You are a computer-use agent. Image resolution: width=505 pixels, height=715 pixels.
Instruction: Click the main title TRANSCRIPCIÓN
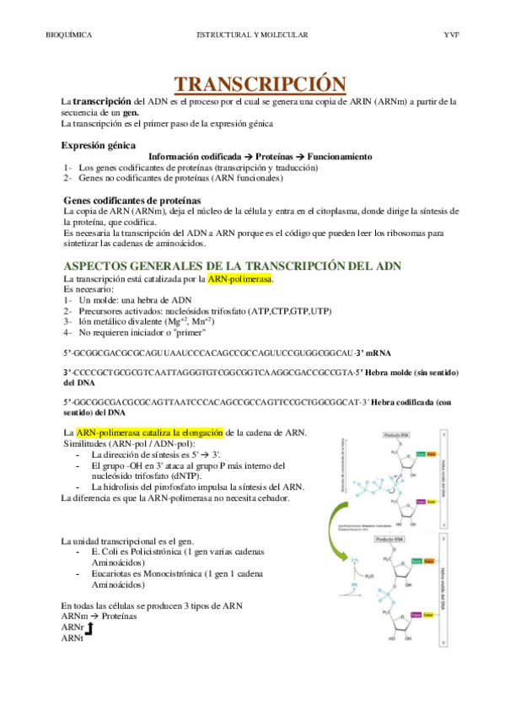(x=260, y=84)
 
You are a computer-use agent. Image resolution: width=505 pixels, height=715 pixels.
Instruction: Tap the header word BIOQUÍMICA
(x=67, y=35)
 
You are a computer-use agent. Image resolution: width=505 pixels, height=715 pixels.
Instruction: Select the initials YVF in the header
(x=450, y=35)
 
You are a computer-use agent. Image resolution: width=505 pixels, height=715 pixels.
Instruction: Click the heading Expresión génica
(x=100, y=145)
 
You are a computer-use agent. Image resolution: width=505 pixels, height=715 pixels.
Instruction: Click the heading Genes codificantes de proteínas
(x=132, y=199)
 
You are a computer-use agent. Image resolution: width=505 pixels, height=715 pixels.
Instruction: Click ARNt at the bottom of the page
(x=73, y=638)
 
